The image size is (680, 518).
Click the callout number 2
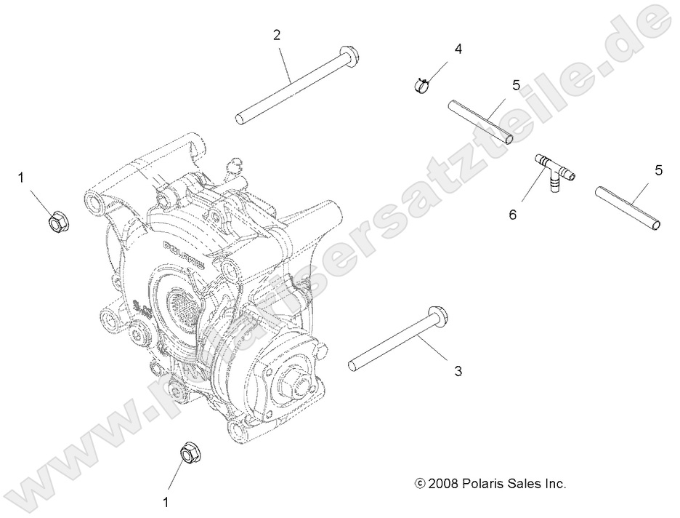277,34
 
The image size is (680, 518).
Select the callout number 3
458,371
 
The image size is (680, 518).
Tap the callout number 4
458,49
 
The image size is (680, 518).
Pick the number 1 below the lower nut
166,501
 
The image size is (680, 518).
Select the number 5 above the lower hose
658,170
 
